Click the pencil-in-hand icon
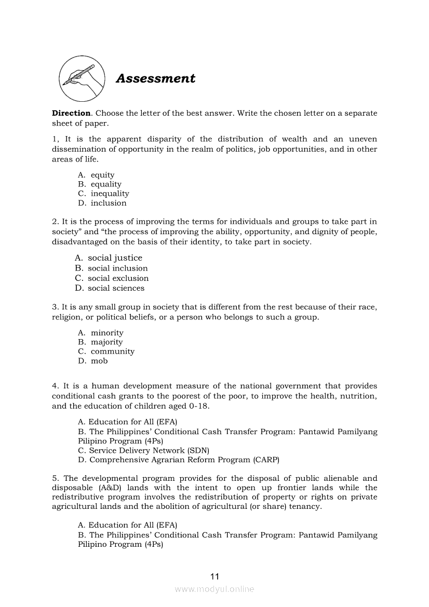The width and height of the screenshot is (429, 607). [x=81, y=79]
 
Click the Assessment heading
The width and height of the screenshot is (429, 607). [x=155, y=78]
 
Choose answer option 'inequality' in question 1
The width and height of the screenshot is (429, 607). [x=110, y=194]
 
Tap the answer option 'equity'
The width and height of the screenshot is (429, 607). [x=102, y=175]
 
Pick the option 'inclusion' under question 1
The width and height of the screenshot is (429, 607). [x=109, y=203]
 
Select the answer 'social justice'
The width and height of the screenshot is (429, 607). [x=115, y=258]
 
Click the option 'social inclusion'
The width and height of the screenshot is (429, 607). [x=117, y=268]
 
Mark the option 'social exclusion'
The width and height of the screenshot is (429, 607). [x=118, y=278]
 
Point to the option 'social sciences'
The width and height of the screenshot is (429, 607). [x=116, y=288]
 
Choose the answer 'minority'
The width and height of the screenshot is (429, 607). [x=107, y=333]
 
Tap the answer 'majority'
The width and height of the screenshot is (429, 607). [x=106, y=342]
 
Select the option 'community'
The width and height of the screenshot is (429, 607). [x=112, y=352]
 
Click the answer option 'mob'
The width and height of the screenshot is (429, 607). [x=99, y=361]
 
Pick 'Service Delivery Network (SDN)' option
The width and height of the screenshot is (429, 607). [x=149, y=451]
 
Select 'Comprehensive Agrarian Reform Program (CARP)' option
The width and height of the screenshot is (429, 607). [x=184, y=460]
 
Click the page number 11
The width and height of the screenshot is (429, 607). [x=215, y=576]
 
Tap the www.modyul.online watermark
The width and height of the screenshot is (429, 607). [x=214, y=589]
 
